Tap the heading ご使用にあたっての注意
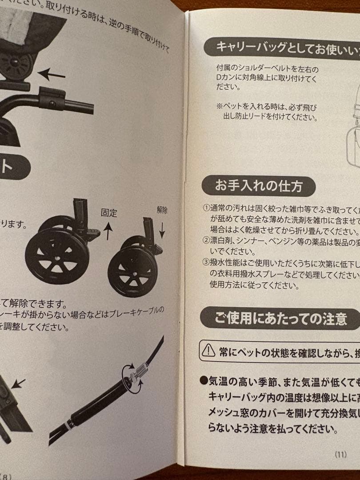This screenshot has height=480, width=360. pos(280,318)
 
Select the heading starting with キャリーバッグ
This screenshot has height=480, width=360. pos(284,46)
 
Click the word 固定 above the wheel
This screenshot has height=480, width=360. pos(109,212)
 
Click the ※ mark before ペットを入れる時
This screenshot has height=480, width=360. pos(219,107)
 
